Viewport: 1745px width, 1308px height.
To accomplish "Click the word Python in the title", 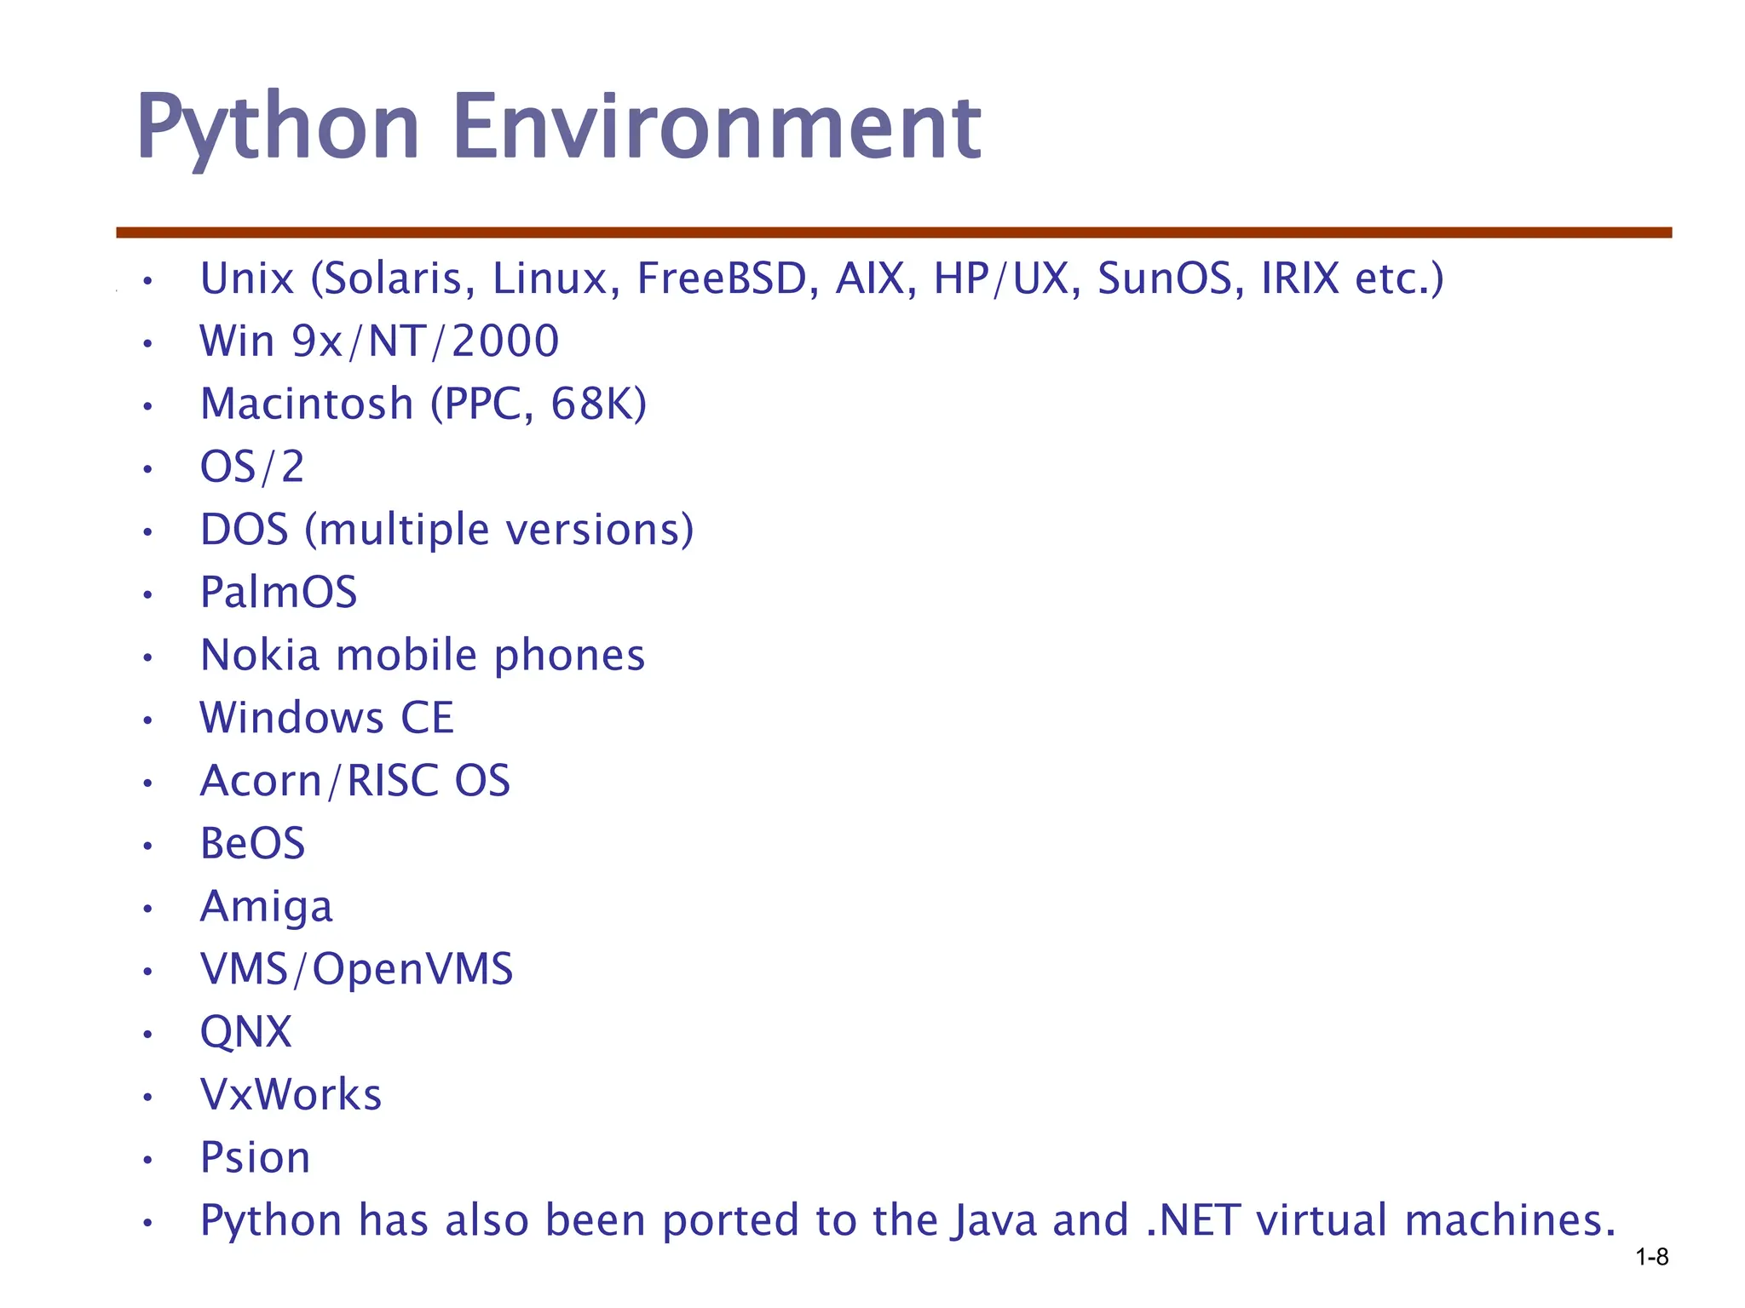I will pos(278,128).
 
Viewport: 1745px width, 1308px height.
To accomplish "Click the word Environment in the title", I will pos(717,128).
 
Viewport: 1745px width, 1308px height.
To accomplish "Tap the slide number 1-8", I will pos(1652,1256).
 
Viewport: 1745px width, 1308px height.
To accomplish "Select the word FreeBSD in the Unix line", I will pos(722,278).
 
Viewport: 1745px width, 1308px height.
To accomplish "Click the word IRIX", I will pos(1300,278).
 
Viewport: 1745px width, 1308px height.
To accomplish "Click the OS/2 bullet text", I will pos(252,467).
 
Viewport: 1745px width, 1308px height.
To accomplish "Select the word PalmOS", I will pos(279,592).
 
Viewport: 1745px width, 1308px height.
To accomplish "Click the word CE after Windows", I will pos(427,718).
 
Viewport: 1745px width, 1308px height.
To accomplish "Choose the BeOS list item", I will pos(252,844).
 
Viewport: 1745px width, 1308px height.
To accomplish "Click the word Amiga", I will pos(266,907).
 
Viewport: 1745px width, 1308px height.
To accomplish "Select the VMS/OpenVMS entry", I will pos(356,969).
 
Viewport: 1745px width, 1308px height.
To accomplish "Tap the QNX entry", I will pos(245,1032).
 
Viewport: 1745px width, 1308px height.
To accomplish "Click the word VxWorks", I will pos(291,1095).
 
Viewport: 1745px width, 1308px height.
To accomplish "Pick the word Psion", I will pos(255,1158).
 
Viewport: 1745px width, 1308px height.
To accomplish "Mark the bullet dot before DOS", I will pos(147,532).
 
